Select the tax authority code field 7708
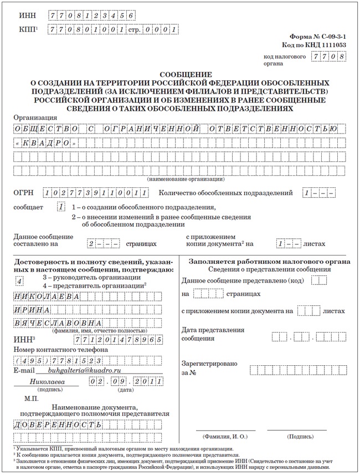[329, 57]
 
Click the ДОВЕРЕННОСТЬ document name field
[58, 425]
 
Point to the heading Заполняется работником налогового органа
[269, 261]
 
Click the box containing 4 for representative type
[20, 281]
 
